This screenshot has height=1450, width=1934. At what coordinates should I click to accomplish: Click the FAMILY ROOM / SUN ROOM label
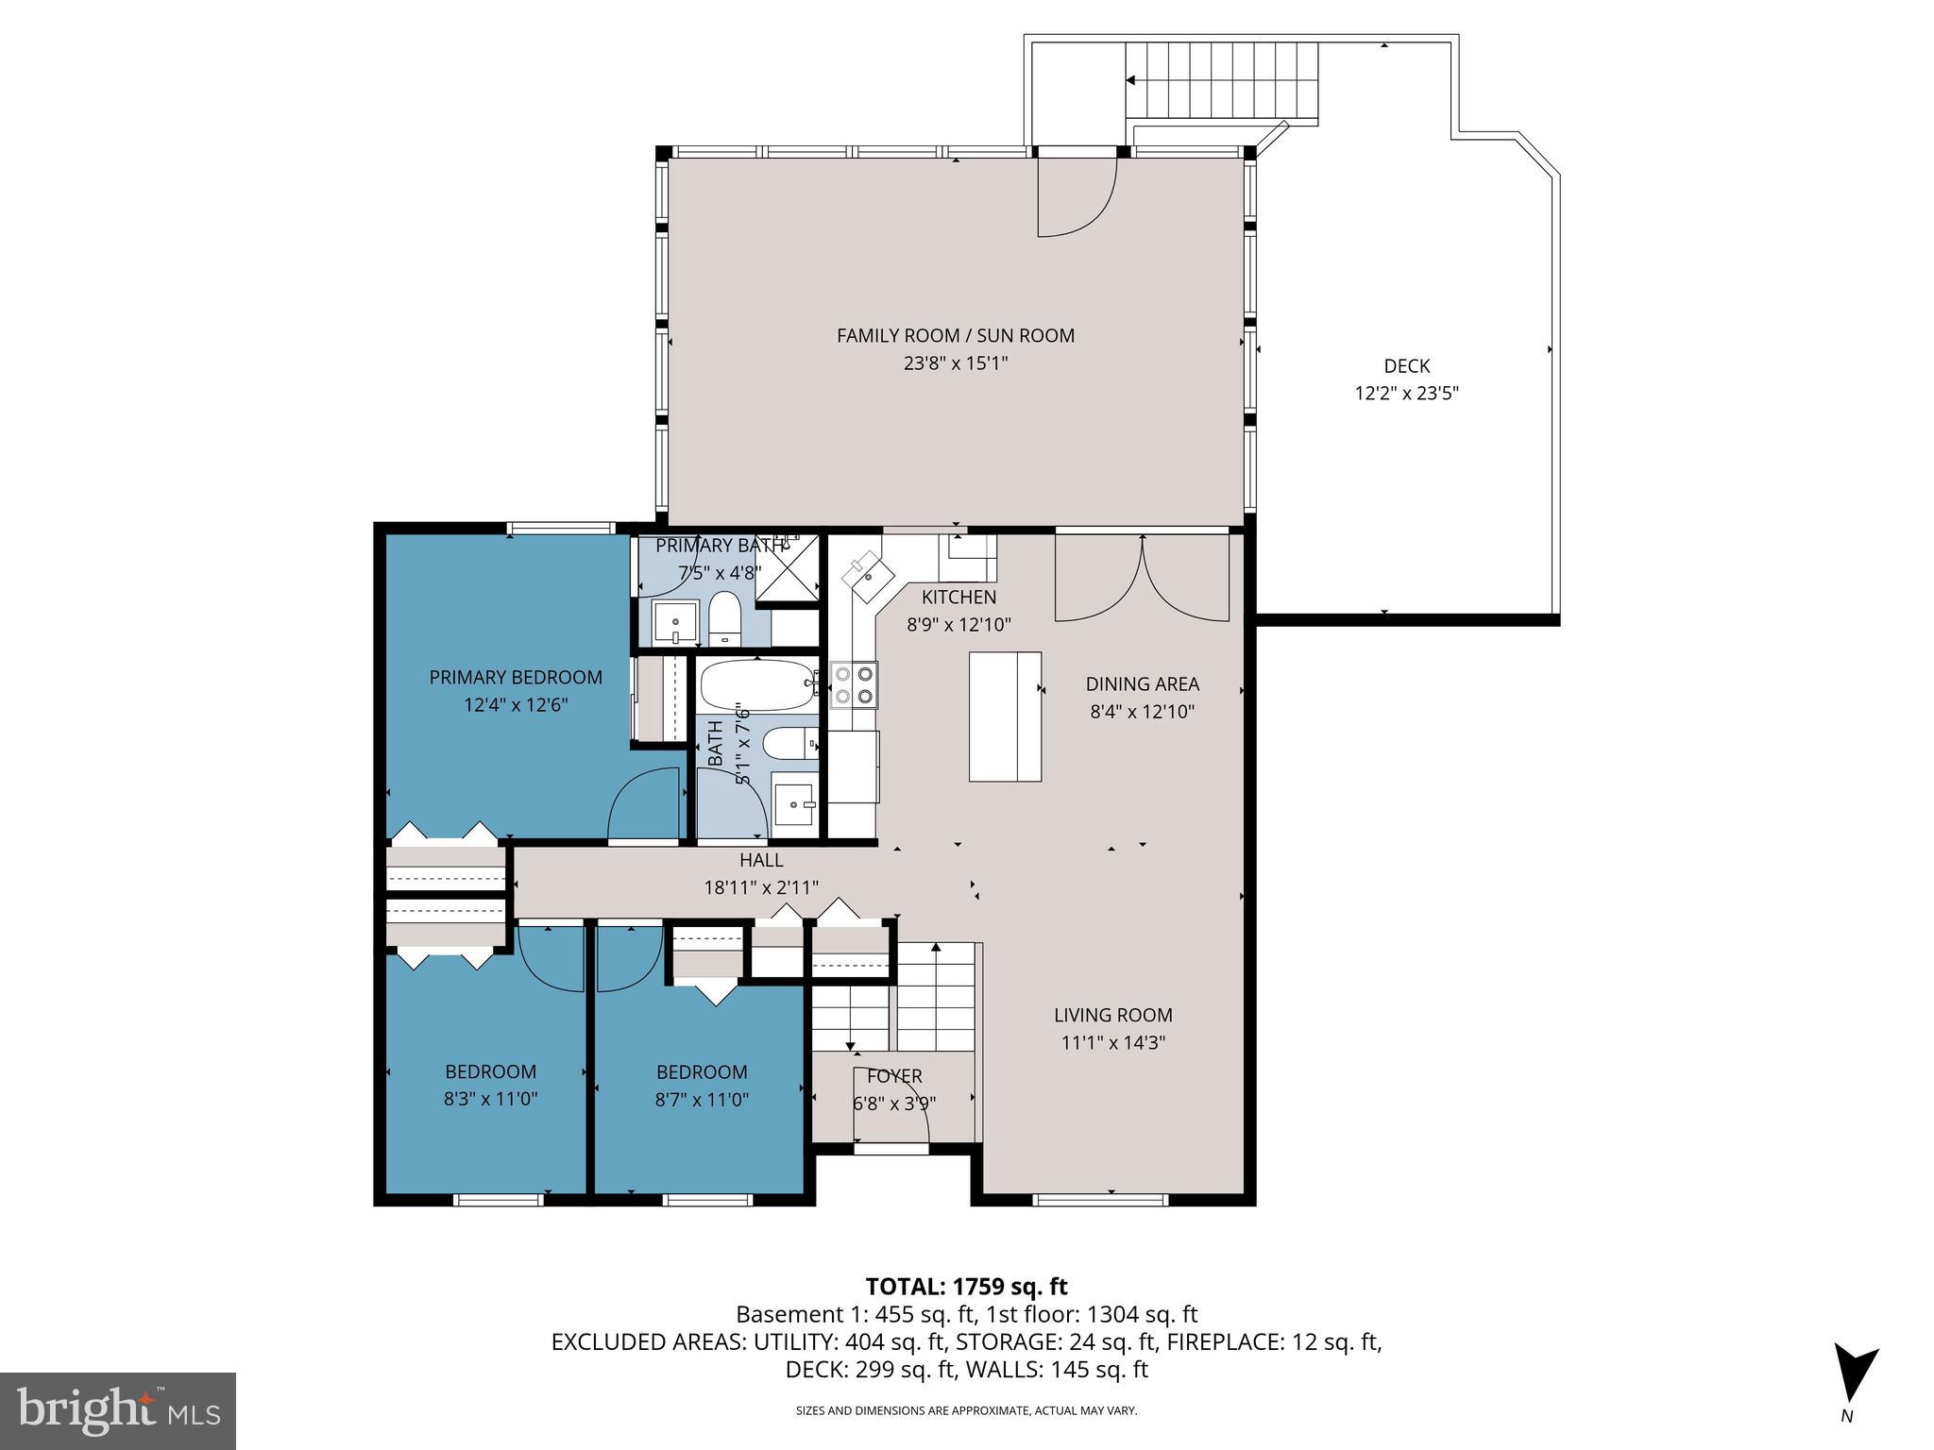point(955,335)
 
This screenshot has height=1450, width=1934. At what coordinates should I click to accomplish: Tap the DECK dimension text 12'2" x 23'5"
point(1406,394)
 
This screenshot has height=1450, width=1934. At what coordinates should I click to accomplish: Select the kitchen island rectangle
point(1005,717)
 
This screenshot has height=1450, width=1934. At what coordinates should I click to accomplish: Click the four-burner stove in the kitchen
point(854,685)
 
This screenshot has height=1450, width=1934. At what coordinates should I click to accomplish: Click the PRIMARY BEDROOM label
point(516,677)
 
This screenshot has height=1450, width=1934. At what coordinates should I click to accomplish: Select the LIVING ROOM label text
point(1112,1015)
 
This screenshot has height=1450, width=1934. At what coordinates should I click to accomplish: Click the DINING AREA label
point(1142,683)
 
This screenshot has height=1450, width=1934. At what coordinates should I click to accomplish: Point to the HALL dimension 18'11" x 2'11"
point(761,887)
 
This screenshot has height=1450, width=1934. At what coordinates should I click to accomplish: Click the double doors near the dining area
point(1142,579)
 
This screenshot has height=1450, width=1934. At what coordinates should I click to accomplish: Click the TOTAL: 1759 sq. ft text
point(966,1286)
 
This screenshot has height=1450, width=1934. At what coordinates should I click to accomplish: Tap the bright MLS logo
point(117,1410)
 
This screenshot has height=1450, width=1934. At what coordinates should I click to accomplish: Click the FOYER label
point(893,1076)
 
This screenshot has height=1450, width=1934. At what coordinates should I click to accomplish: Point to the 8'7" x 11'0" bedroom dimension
point(702,1100)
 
